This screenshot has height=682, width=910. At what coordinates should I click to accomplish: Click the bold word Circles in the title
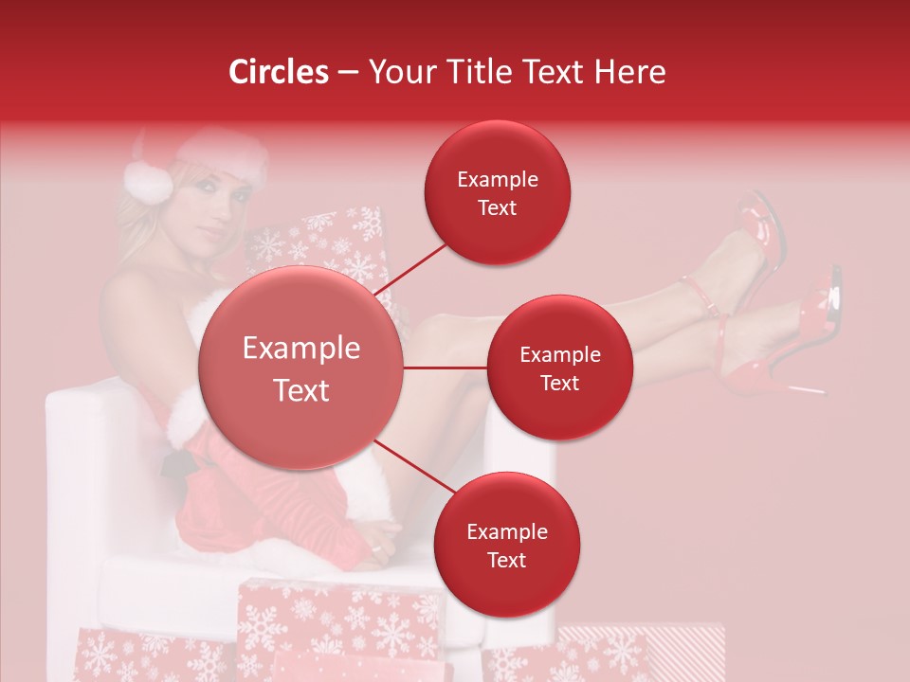pos(278,72)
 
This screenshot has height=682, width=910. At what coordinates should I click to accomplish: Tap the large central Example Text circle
pos(301,368)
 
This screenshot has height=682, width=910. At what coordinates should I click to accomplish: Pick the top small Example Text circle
pos(498,192)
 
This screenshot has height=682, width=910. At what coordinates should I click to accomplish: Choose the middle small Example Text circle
pos(559,368)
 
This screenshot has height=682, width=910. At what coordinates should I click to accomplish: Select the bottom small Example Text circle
pos(506,545)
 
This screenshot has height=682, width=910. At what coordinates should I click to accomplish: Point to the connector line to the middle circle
pos(446,368)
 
